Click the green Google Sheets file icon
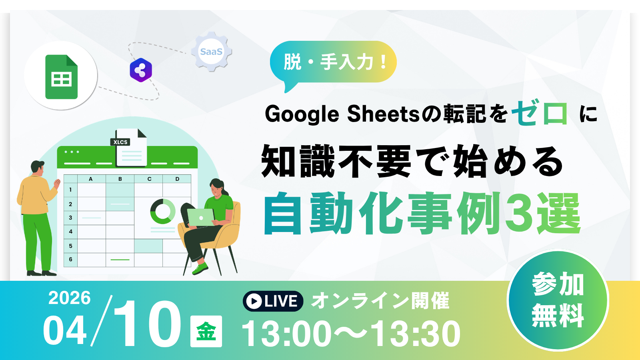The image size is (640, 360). (61, 77)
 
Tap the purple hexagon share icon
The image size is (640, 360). (141, 70)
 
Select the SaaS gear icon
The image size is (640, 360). (212, 52)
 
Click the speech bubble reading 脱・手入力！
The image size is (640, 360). (333, 63)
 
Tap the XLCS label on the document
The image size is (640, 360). (120, 142)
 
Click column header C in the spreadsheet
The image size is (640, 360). (149, 179)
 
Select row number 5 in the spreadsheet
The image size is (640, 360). (70, 246)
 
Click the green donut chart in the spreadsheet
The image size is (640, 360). (163, 212)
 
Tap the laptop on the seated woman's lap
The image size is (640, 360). (200, 218)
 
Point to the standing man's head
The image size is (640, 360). (38, 168)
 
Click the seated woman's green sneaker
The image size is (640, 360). (200, 268)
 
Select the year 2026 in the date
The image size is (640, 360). (70, 298)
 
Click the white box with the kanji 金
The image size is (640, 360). (206, 331)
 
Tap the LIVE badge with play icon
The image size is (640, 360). (273, 301)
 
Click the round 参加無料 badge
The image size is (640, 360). (558, 300)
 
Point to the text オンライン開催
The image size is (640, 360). (380, 300)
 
